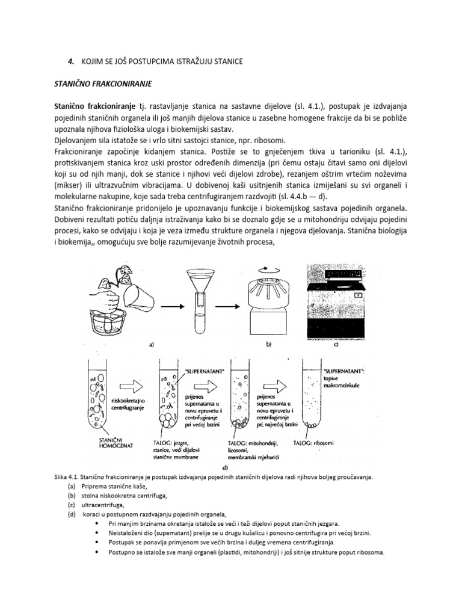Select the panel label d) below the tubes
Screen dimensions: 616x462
coord(224,467)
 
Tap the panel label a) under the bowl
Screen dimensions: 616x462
coord(151,345)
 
